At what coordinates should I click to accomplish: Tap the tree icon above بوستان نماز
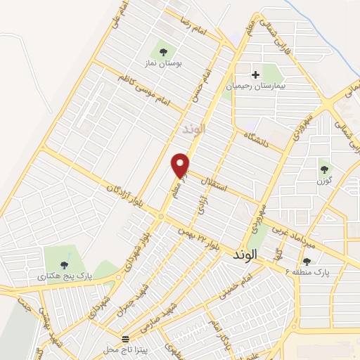164,51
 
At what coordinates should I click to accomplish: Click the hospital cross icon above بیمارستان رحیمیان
255,74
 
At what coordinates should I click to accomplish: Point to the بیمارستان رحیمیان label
254,85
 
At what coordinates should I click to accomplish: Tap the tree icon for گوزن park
324,169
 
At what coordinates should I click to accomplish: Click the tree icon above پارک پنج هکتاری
65,265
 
